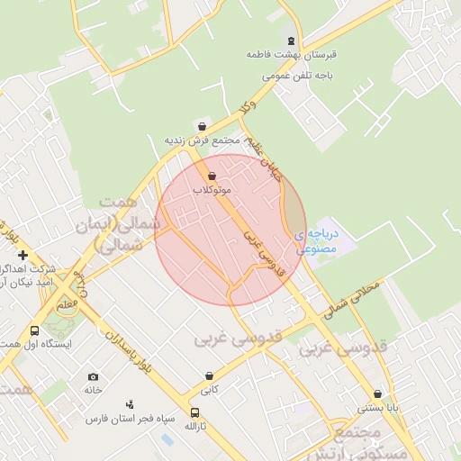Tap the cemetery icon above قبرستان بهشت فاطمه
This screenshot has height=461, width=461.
(x=290, y=41)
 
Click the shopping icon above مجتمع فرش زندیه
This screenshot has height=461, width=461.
(x=201, y=126)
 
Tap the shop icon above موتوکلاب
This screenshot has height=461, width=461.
(x=212, y=176)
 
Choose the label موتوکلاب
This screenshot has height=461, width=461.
(x=212, y=190)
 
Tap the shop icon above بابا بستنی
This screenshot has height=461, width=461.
(x=376, y=393)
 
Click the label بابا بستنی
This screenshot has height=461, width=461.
(x=376, y=408)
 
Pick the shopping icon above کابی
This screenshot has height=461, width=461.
(x=209, y=376)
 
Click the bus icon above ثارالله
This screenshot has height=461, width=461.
(x=194, y=412)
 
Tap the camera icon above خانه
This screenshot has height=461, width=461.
(x=93, y=376)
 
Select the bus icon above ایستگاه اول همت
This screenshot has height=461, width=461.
(x=34, y=330)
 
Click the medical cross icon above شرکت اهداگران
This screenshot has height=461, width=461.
(x=22, y=256)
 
